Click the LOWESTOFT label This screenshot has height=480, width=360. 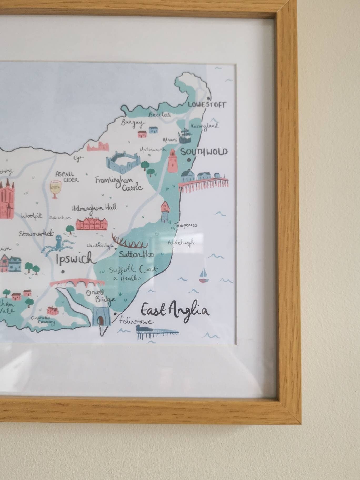pyautogui.click(x=207, y=105)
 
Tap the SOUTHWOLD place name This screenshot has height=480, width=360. pyautogui.click(x=204, y=152)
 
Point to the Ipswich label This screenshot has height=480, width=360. pyautogui.click(x=74, y=258)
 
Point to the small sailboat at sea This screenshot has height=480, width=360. pyautogui.click(x=203, y=276)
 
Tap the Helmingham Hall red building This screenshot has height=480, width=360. pyautogui.click(x=92, y=224)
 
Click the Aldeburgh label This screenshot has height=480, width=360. pyautogui.click(x=182, y=242)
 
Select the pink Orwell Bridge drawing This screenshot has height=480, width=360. pyautogui.click(x=77, y=284)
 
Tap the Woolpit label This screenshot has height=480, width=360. pyautogui.click(x=31, y=216)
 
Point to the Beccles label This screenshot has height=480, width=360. pyautogui.click(x=159, y=114)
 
